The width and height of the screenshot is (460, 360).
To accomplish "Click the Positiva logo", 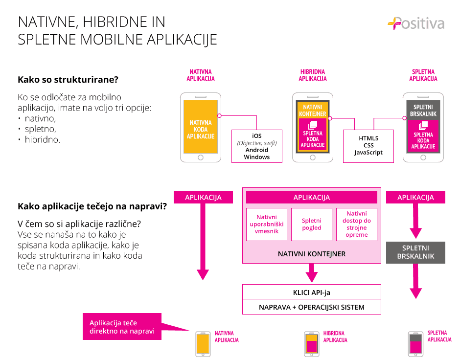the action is (416, 23).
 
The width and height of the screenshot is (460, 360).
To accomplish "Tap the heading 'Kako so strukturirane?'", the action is (68, 80).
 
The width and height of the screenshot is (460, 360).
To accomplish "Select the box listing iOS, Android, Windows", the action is (257, 146).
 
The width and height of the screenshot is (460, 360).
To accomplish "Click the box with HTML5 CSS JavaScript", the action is (368, 146).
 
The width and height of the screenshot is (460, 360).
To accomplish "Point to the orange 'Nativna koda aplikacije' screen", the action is (201, 127).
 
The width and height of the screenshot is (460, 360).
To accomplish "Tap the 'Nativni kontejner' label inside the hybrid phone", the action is (312, 111).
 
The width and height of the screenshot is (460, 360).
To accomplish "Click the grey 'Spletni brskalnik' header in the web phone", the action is (423, 110).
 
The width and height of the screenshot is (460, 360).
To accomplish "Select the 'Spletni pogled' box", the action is (312, 225).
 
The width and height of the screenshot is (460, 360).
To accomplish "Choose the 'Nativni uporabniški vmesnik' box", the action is (267, 225).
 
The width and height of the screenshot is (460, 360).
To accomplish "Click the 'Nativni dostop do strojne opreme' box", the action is (357, 225).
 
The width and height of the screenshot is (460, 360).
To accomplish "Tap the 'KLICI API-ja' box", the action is (312, 292).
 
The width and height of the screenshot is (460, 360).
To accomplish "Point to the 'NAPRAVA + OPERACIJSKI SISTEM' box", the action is (312, 307).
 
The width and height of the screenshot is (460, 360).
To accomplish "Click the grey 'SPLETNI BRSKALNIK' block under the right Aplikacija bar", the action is (415, 252).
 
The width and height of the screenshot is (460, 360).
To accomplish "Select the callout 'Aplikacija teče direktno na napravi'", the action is (122, 327).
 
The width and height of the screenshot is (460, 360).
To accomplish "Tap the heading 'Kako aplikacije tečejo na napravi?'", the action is (92, 206).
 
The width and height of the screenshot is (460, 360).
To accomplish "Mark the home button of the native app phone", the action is (201, 157).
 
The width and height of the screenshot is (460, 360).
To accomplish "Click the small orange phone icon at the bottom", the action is (203, 344).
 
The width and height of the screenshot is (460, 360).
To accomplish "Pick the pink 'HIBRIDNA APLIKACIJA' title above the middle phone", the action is (313, 75).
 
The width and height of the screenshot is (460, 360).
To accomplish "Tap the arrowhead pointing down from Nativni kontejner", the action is (312, 276).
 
